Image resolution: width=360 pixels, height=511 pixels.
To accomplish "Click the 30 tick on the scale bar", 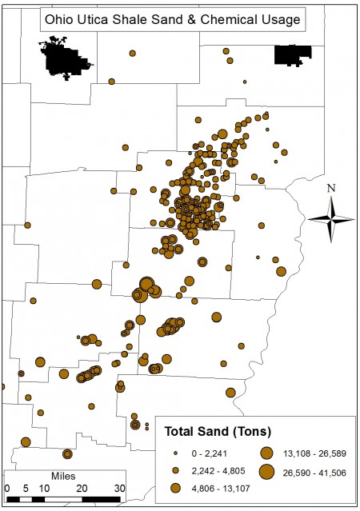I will pos(119,488).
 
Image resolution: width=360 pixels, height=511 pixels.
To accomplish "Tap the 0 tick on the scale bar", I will pos(6,488).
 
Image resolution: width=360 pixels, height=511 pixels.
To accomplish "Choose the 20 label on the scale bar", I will pos(82,488).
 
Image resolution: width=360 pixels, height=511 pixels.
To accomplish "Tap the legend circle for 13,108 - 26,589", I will pos(266,452).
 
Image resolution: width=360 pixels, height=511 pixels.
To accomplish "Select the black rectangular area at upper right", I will pos(292,54).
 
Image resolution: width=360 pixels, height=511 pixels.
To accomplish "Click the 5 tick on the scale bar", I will pos(25,488).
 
